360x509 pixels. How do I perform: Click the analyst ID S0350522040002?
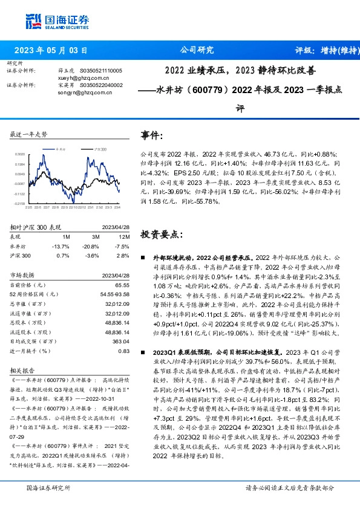[101, 86]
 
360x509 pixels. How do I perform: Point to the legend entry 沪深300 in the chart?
[100, 148]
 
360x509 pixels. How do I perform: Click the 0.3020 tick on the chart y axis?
[21, 154]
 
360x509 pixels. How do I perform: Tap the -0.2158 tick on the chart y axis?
[20, 204]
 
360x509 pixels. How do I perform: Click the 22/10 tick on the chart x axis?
[65, 208]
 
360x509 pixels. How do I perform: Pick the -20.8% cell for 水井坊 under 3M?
[93, 247]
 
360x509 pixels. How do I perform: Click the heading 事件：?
[152, 134]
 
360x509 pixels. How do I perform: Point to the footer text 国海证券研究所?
[46, 488]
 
